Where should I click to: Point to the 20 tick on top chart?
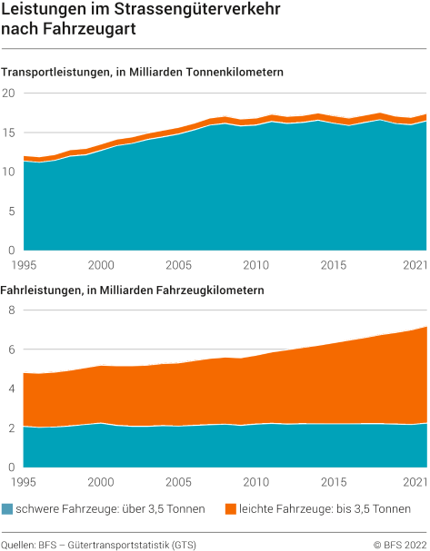pos(9,93)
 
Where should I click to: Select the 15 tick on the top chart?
pos(9,133)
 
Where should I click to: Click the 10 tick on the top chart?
pos(9,172)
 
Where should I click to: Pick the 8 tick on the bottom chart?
pos(12,310)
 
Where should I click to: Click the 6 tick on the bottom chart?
pos(12,349)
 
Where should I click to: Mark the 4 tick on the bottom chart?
pos(12,389)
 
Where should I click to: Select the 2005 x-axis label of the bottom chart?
pos(178,481)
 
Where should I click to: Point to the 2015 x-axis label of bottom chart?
pos(334,481)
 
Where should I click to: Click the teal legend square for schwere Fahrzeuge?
pos(8,509)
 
